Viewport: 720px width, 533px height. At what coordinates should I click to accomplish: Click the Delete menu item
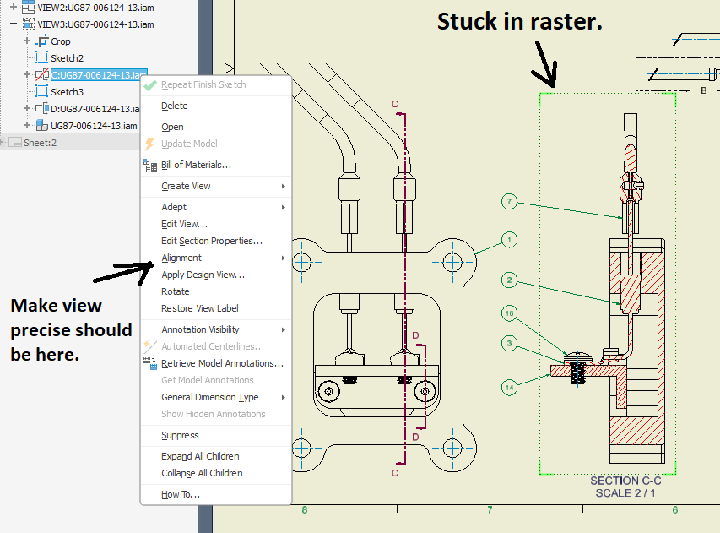pyautogui.click(x=175, y=106)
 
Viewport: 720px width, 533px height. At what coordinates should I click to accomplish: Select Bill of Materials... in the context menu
pyautogui.click(x=196, y=165)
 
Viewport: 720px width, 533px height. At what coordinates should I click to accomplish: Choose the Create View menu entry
pyautogui.click(x=186, y=186)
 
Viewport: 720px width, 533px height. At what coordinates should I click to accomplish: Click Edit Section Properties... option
pyautogui.click(x=211, y=241)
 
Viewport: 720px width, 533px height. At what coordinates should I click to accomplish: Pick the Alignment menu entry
pyautogui.click(x=181, y=258)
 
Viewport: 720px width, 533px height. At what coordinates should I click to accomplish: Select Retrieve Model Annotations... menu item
pyautogui.click(x=222, y=363)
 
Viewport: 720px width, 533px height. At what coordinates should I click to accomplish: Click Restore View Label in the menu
pyautogui.click(x=199, y=308)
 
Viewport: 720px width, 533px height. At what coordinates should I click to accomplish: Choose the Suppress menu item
pyautogui.click(x=180, y=435)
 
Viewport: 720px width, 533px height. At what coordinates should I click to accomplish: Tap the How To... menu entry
pyautogui.click(x=180, y=494)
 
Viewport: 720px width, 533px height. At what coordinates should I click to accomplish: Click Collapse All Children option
pyautogui.click(x=202, y=473)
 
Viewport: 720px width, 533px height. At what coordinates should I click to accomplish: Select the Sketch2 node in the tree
pyautogui.click(x=67, y=57)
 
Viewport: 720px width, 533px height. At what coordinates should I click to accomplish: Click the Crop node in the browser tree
pyautogui.click(x=61, y=41)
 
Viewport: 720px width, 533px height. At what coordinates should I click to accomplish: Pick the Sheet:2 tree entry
pyautogui.click(x=40, y=143)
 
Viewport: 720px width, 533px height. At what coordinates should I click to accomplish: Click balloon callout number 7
pyautogui.click(x=508, y=201)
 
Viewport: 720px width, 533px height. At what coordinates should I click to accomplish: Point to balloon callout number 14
pyautogui.click(x=509, y=388)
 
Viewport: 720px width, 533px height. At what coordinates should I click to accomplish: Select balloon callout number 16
pyautogui.click(x=508, y=313)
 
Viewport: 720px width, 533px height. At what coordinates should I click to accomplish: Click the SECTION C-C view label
pyautogui.click(x=625, y=481)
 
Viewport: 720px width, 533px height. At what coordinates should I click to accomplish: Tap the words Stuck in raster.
pyautogui.click(x=519, y=22)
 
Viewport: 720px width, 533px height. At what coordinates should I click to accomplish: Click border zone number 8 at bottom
pyautogui.click(x=305, y=509)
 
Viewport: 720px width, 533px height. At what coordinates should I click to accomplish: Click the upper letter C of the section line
pyautogui.click(x=394, y=104)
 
